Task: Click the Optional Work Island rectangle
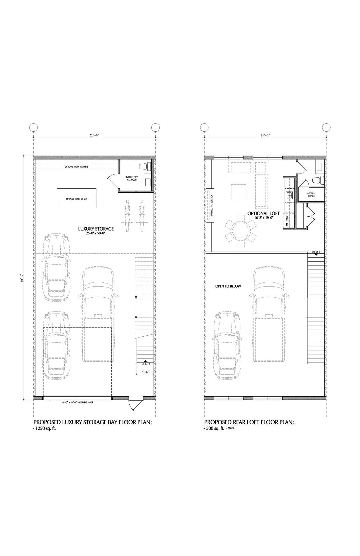[x=77, y=199]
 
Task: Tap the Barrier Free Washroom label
[x=131, y=178]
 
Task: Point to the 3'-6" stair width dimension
[x=145, y=372]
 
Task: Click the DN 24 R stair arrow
[x=316, y=254]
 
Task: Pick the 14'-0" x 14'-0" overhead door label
[x=77, y=403]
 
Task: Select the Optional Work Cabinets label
[x=77, y=167]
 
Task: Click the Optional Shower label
[x=311, y=195]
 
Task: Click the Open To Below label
[x=228, y=286]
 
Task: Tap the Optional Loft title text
[x=263, y=213]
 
